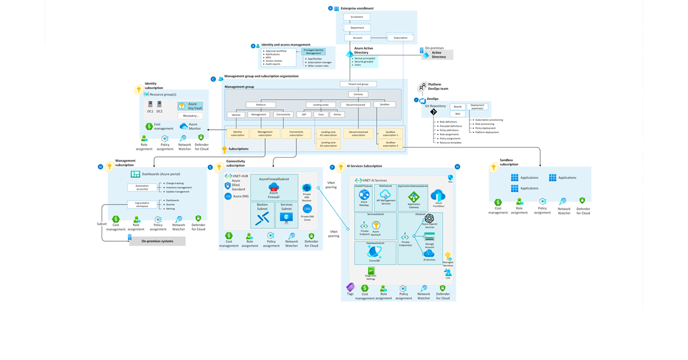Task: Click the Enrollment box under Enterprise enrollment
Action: point(357,17)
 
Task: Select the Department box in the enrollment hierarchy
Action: point(357,28)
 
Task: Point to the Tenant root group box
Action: point(358,84)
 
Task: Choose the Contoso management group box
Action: point(358,95)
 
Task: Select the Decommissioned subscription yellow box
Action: point(358,133)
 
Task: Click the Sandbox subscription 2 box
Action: point(391,144)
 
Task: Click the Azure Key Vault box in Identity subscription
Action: point(190,107)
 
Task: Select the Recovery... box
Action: point(190,116)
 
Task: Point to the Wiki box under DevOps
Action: point(458,114)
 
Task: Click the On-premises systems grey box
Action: point(157,241)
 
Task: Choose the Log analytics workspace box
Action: point(142,204)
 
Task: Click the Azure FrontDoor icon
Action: point(438,197)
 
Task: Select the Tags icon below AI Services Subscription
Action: point(350,287)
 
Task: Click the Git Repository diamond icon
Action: point(434,112)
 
